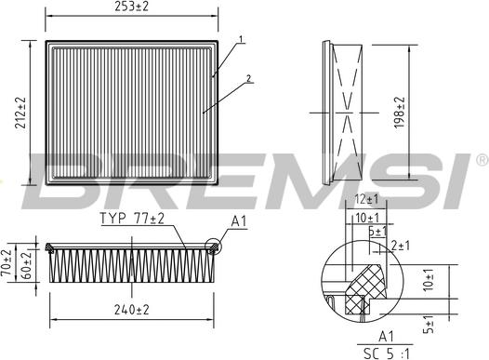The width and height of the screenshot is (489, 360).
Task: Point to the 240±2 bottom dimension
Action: (x=132, y=310)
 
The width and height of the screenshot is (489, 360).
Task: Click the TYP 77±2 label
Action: (x=132, y=220)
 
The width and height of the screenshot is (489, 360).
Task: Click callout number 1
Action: (x=240, y=40)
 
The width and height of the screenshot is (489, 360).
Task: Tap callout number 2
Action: (x=249, y=79)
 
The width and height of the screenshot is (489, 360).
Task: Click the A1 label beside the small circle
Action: (x=238, y=222)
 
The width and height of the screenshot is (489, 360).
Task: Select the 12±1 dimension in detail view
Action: (x=366, y=200)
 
